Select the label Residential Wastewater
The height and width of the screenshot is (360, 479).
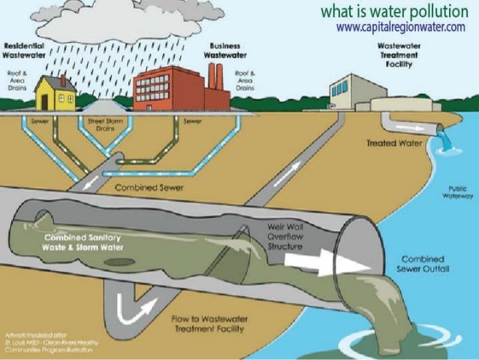coord(27,50)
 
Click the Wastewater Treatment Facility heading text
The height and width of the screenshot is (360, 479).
coord(398,55)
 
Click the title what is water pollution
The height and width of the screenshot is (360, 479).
coord(392,11)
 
